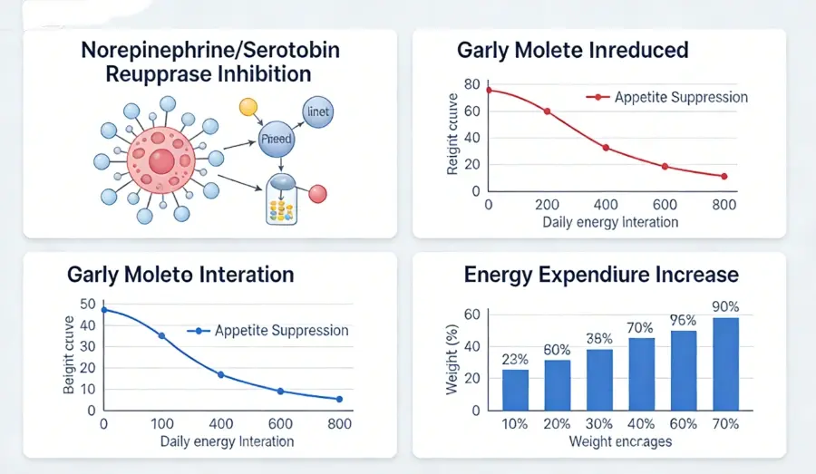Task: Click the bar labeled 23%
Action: (515, 389)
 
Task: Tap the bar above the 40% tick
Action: (642, 372)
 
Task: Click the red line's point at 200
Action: (547, 111)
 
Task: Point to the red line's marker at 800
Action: (724, 177)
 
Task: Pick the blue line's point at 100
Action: (162, 336)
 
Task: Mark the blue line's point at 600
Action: (280, 391)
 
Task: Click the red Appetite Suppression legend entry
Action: (666, 97)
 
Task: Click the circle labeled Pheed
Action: (276, 140)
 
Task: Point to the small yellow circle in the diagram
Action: (248, 107)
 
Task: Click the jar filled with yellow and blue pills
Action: (283, 201)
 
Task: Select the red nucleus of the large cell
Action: (160, 162)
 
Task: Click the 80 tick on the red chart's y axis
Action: (470, 85)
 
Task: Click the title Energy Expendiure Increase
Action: (601, 274)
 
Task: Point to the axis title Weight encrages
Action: (619, 441)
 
